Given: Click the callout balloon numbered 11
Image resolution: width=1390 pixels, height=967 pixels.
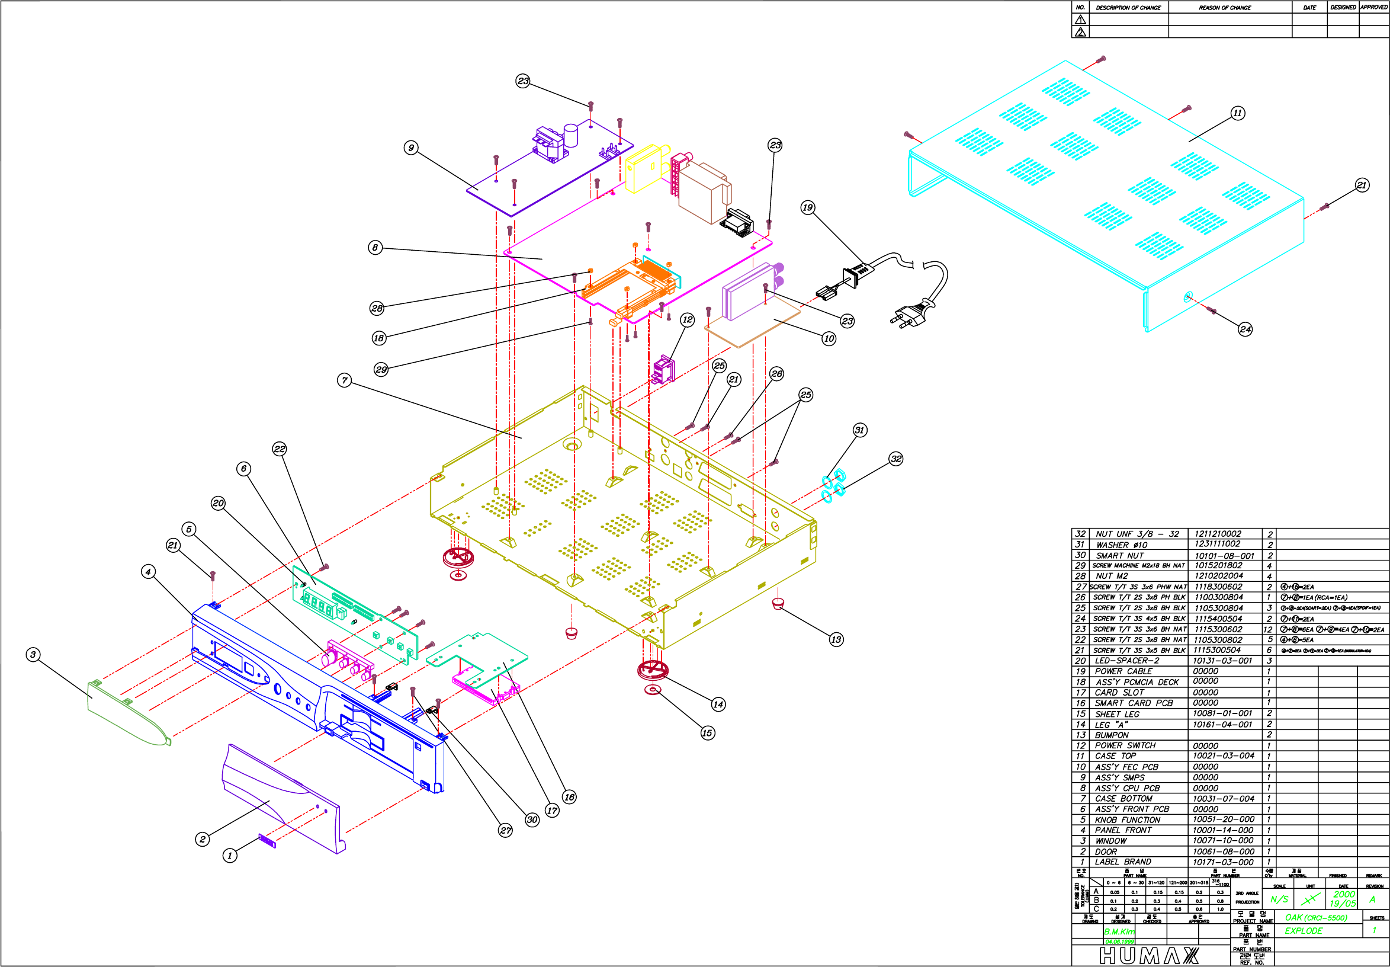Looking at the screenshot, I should [x=1237, y=113].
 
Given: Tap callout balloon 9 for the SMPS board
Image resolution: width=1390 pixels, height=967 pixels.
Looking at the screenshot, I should [x=411, y=148].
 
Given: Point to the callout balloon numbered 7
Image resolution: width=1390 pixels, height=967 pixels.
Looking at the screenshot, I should [x=345, y=380].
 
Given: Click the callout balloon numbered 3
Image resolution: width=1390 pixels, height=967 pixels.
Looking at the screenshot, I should [x=33, y=654].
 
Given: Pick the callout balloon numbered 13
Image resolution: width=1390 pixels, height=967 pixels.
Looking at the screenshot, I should [x=836, y=639].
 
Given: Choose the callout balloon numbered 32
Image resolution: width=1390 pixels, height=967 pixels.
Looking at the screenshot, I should [x=896, y=459].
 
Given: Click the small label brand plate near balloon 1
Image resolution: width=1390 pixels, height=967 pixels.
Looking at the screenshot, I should [x=267, y=841].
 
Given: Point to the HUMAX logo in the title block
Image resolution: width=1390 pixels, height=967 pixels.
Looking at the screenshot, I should [x=1148, y=956].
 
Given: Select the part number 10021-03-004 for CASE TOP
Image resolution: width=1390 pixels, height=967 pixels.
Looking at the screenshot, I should [x=1223, y=755].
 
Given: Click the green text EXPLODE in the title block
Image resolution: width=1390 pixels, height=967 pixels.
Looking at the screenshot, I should [x=1304, y=931].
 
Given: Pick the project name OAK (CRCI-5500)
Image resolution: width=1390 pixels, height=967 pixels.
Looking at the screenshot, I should [x=1316, y=917].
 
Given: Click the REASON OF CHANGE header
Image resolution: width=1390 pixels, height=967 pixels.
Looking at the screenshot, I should [x=1225, y=8].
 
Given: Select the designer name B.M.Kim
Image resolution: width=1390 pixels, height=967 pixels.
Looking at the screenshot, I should [x=1119, y=932].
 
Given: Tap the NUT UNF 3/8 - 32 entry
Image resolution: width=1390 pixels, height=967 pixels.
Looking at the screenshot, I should [x=1137, y=534].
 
